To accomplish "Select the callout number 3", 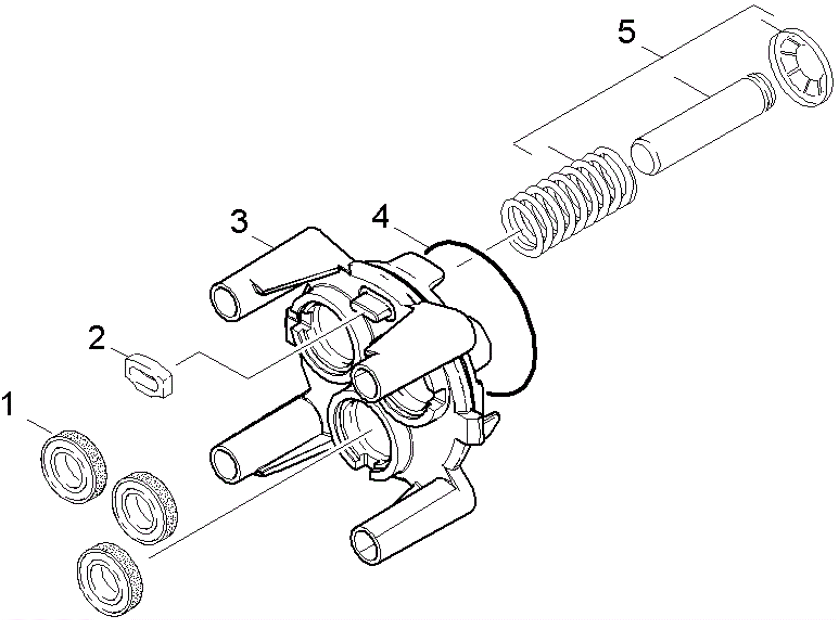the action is (x=239, y=222).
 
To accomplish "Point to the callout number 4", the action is (x=380, y=217).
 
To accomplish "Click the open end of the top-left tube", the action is (x=225, y=301).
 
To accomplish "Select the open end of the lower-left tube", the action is (x=225, y=464).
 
